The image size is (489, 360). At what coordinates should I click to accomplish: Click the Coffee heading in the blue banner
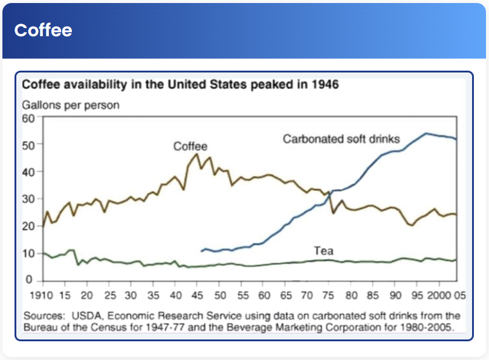pyautogui.click(x=43, y=30)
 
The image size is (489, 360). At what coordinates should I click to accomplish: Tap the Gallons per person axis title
pyautogui.click(x=71, y=104)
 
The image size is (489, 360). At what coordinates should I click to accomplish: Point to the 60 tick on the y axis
pyautogui.click(x=30, y=118)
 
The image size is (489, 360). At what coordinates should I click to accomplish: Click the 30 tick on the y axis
pyautogui.click(x=30, y=199)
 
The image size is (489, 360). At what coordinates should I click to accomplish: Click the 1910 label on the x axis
pyautogui.click(x=43, y=296)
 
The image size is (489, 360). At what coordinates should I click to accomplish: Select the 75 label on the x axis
pyautogui.click(x=329, y=296)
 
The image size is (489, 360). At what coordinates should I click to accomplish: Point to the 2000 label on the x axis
pyautogui.click(x=440, y=296)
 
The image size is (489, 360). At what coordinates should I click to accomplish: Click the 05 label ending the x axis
pyautogui.click(x=459, y=296)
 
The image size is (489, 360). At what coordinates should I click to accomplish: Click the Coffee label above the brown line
pyautogui.click(x=190, y=146)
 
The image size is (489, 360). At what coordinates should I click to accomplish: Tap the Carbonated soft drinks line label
pyautogui.click(x=342, y=139)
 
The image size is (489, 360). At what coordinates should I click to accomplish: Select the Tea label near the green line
pyautogui.click(x=325, y=250)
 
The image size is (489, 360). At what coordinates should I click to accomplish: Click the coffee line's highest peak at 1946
pyautogui.click(x=196, y=153)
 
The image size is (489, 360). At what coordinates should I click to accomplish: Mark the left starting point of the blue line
pyautogui.click(x=201, y=250)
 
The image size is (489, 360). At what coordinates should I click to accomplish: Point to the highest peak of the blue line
pyautogui.click(x=426, y=133)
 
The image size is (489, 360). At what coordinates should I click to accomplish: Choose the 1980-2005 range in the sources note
pyautogui.click(x=430, y=327)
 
